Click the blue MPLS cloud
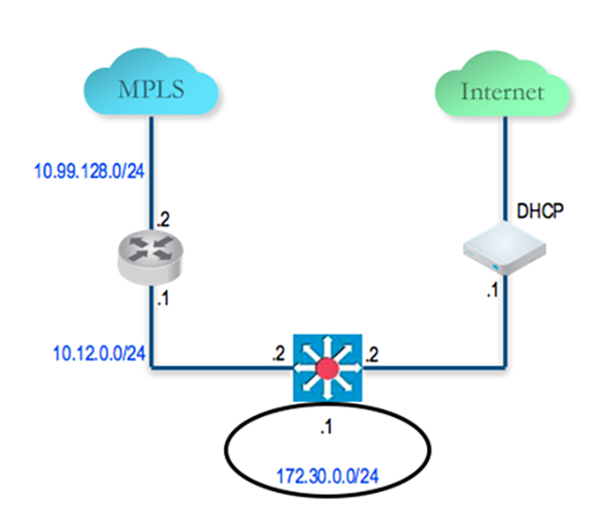pyautogui.click(x=152, y=82)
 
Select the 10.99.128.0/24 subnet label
pyautogui.click(x=89, y=171)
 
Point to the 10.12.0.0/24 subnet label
pyautogui.click(x=99, y=353)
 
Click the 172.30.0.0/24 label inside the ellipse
pyautogui.click(x=328, y=476)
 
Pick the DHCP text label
pyautogui.click(x=540, y=211)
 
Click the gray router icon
pyautogui.click(x=150, y=257)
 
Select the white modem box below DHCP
pyautogui.click(x=505, y=248)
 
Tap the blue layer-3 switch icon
pyautogui.click(x=328, y=368)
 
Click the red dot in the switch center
pyautogui.click(x=328, y=368)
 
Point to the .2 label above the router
pyautogui.click(x=163, y=220)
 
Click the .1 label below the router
pyautogui.click(x=163, y=299)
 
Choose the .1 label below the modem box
pyautogui.click(x=493, y=290)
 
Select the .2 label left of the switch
pyautogui.click(x=278, y=353)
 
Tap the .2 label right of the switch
pyautogui.click(x=372, y=354)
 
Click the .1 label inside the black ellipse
pyautogui.click(x=326, y=427)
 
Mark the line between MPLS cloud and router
pyautogui.click(x=152, y=172)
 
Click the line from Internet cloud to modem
pyautogui.click(x=505, y=169)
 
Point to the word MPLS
pyautogui.click(x=151, y=89)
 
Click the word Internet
pyautogui.click(x=502, y=92)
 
